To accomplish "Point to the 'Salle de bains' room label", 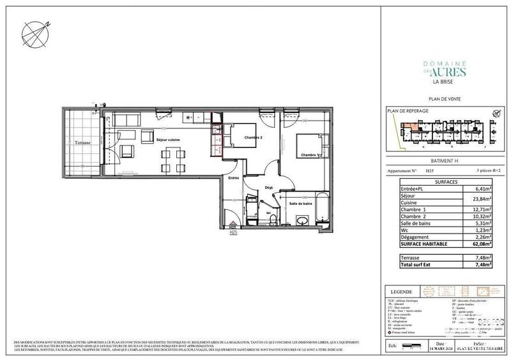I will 300,203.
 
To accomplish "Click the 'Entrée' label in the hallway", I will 234,179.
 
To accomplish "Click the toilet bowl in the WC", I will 273,218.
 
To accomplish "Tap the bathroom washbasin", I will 301,220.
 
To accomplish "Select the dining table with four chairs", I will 170,155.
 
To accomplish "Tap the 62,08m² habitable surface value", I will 481,243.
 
